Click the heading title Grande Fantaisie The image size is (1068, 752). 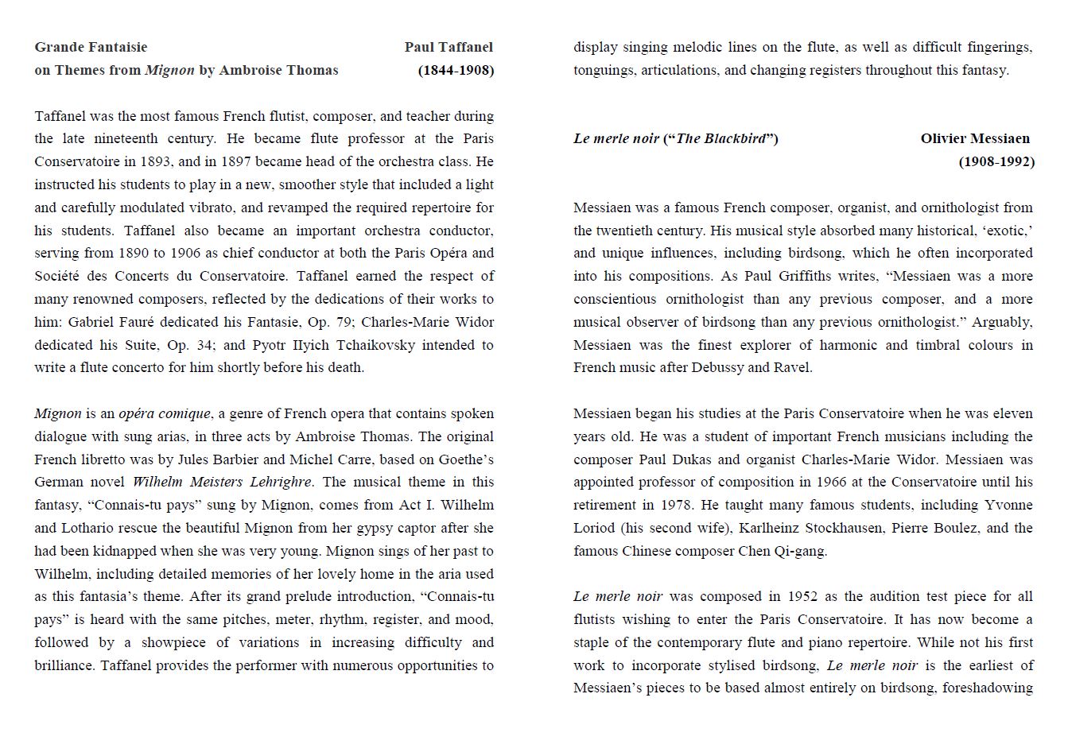tap(91, 47)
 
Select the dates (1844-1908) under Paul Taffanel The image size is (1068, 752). tap(456, 70)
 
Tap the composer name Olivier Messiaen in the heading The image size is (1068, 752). tap(975, 138)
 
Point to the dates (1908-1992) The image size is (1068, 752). tap(996, 161)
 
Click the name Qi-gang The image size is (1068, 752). tap(799, 551)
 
